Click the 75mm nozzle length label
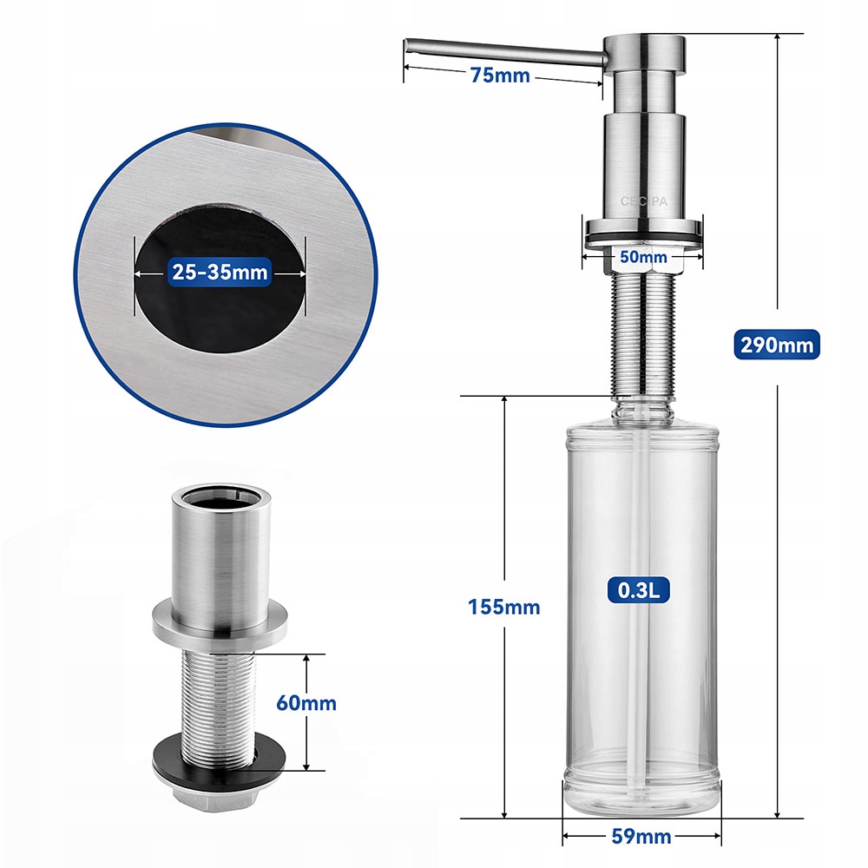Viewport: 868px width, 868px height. (x=499, y=75)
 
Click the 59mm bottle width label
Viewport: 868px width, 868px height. (x=641, y=837)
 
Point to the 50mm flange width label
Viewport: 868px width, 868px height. (x=642, y=257)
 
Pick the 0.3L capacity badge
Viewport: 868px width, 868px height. (x=642, y=590)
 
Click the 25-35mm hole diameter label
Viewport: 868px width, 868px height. (x=220, y=273)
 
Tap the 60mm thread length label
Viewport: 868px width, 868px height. (x=306, y=703)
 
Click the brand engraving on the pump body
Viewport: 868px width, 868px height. (x=642, y=201)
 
